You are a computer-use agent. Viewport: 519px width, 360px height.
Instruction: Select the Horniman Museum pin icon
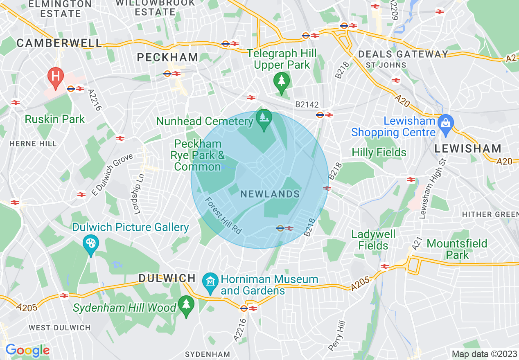point(210,282)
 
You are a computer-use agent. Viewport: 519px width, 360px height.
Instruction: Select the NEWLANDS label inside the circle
point(270,194)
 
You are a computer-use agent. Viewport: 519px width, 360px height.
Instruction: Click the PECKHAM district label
point(167,58)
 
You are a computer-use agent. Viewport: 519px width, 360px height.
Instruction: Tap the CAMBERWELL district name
point(59,43)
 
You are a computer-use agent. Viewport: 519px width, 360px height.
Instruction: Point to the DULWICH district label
point(167,279)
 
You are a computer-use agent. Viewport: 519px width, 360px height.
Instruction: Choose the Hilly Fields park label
point(379,153)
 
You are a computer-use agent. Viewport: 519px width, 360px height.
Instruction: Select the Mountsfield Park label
point(457,249)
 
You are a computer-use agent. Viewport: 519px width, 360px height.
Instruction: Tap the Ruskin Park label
point(54,119)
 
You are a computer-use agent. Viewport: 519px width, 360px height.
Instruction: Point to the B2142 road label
point(307,105)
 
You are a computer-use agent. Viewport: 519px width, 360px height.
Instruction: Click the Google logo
point(27,351)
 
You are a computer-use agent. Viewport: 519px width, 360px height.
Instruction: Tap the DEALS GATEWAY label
point(403,54)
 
